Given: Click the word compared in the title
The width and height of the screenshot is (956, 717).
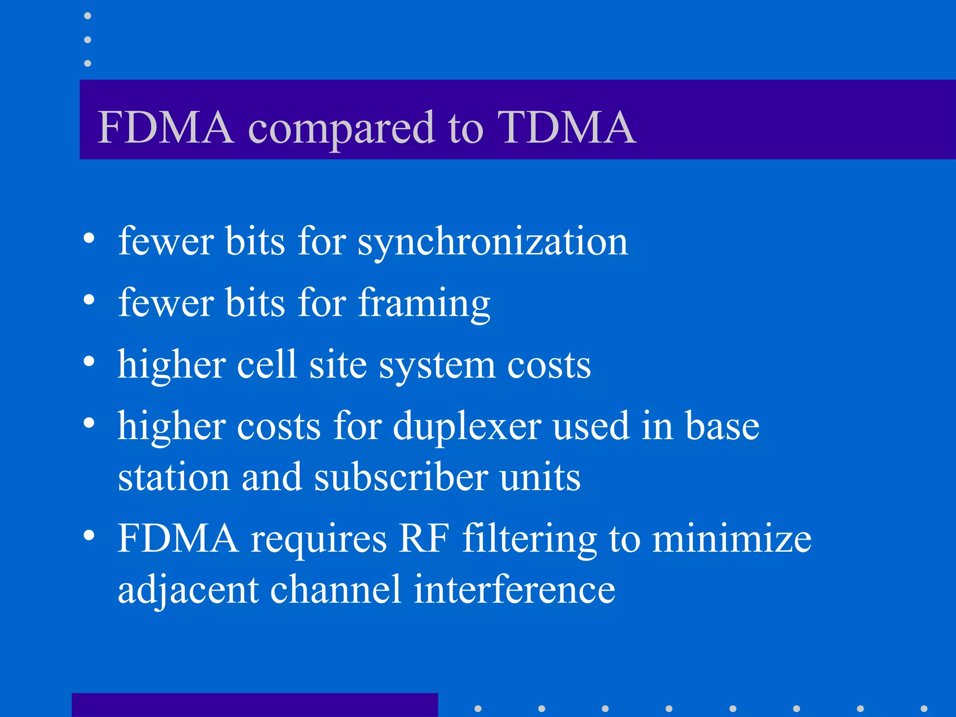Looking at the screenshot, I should pos(342,129).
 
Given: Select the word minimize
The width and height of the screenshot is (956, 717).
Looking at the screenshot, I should pos(731,538).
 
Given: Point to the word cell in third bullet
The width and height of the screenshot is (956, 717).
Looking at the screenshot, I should pos(267,365).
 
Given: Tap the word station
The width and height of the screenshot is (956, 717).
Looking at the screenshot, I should pos(174,478).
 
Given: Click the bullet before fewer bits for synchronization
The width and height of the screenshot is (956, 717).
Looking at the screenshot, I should pos(89,239).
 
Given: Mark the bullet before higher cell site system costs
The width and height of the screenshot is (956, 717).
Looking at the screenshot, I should pos(89,361).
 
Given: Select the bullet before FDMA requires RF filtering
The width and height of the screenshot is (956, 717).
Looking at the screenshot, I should pos(89,535).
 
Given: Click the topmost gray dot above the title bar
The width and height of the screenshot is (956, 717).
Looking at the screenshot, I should pos(87,16).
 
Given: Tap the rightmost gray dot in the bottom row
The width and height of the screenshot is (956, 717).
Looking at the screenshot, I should pos(923,709).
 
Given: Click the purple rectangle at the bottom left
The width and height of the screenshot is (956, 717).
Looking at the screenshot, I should pos(254,705).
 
